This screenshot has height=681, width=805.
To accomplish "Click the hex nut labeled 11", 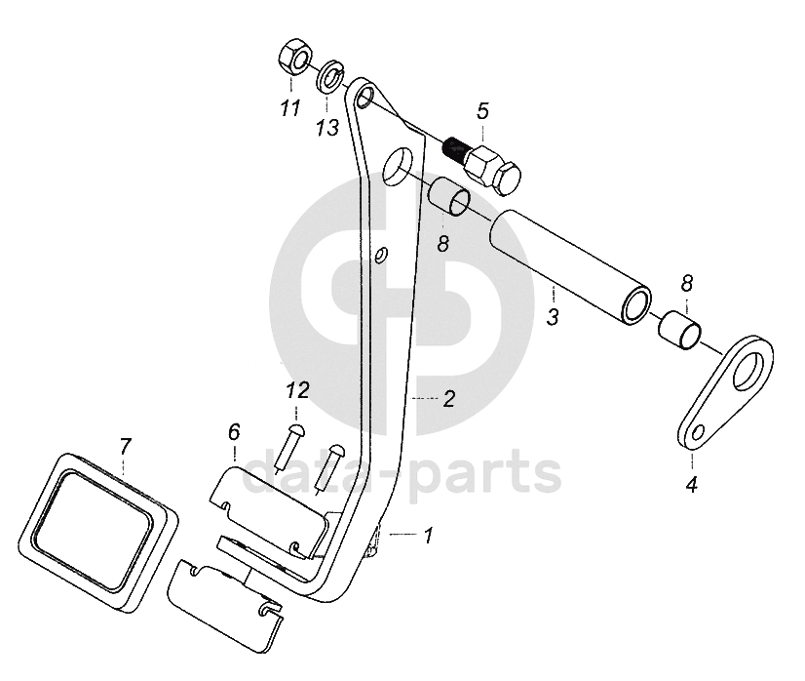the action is click(x=293, y=59).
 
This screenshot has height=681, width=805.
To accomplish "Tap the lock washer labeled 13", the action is click(x=332, y=76).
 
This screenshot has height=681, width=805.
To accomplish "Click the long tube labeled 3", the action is click(x=571, y=267).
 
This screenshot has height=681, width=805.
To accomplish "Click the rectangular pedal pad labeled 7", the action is click(x=97, y=532).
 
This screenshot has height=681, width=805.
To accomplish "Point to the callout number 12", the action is click(x=298, y=390).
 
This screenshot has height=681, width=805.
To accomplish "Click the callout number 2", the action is click(x=448, y=399).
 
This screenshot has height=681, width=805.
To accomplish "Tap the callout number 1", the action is click(x=428, y=535).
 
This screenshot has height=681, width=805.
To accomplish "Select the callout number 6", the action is click(x=234, y=432).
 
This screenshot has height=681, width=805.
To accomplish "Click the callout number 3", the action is click(x=553, y=317).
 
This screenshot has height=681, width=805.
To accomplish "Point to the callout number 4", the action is click(x=692, y=484).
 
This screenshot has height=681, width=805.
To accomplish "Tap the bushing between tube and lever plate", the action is click(x=679, y=330).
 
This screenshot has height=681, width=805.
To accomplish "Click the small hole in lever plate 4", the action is click(x=696, y=433).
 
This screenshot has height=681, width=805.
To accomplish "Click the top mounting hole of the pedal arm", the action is click(x=365, y=95).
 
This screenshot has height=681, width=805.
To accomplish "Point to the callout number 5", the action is click(x=482, y=110).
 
